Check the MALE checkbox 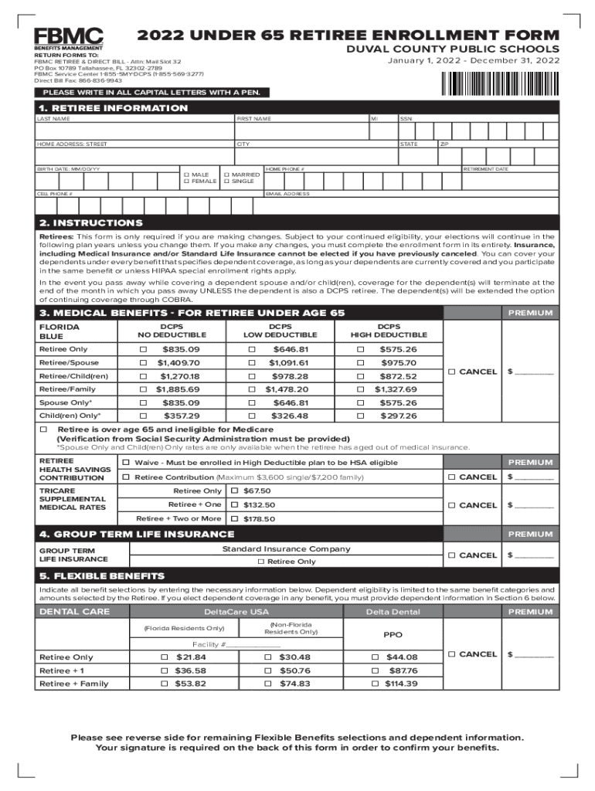(x=186, y=175)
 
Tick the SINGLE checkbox (x=227, y=182)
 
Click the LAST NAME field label (x=53, y=119)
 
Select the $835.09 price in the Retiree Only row (x=181, y=349)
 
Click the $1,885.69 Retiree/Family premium (x=178, y=389)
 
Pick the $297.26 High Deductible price (x=399, y=416)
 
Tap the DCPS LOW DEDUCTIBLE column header (x=280, y=331)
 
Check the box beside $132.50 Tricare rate (x=235, y=504)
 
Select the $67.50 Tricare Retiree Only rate (x=257, y=491)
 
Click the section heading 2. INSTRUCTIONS (x=91, y=222)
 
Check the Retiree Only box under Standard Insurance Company (x=261, y=562)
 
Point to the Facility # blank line (x=253, y=644)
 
